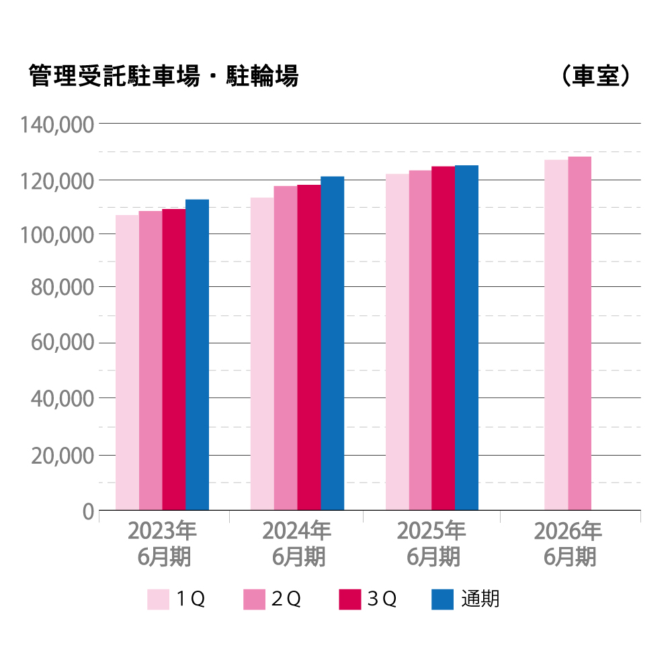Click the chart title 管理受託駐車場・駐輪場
point(163,77)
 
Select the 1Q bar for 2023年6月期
point(127,363)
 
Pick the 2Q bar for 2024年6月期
point(286,348)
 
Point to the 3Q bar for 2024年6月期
point(309,347)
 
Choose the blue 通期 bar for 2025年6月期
point(466,338)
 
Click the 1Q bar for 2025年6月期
point(397,342)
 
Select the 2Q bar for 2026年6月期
point(579,333)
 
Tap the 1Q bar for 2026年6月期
point(556,335)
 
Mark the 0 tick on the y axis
point(87,512)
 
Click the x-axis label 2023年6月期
point(162,544)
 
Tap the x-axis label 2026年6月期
point(569,544)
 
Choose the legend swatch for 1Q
point(158,599)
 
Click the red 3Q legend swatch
point(350,599)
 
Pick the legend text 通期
point(480,599)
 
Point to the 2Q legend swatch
point(254,599)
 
